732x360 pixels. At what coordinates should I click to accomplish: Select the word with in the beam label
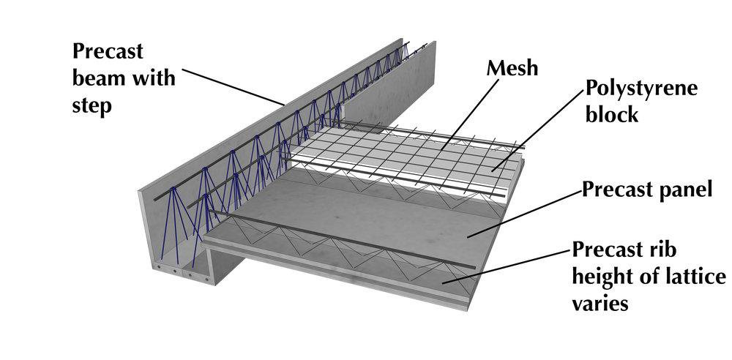pyautogui.click(x=152, y=77)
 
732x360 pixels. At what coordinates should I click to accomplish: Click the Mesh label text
pyautogui.click(x=512, y=69)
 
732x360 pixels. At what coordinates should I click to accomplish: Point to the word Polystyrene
pyautogui.click(x=640, y=89)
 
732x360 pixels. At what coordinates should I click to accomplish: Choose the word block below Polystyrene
pyautogui.click(x=612, y=115)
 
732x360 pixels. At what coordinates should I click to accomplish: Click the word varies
pyautogui.click(x=602, y=304)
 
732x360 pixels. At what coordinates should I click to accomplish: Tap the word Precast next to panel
pyautogui.click(x=614, y=190)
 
